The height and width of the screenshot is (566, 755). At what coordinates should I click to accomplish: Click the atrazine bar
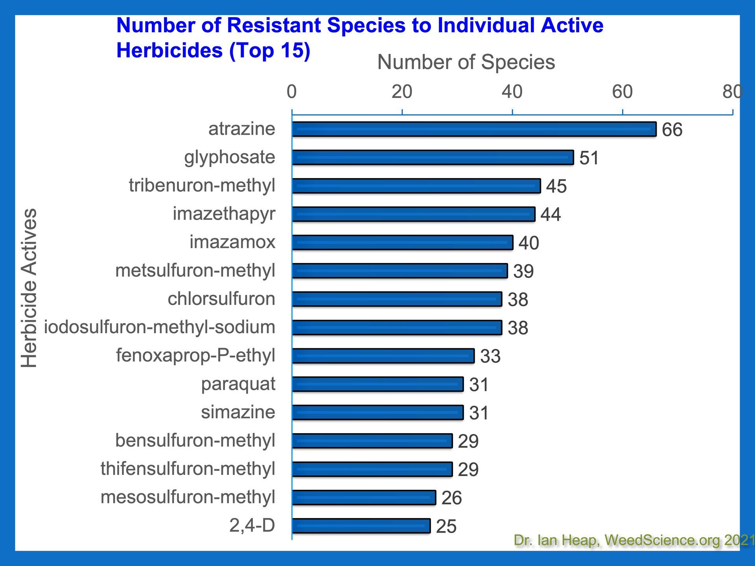(x=474, y=129)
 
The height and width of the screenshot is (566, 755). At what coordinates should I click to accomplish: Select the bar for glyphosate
(x=433, y=158)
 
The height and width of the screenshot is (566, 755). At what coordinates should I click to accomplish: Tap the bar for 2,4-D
(x=361, y=526)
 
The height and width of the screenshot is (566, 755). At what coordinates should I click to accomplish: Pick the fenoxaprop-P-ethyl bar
(x=383, y=356)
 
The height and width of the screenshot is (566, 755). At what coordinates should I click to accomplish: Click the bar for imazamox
(x=402, y=243)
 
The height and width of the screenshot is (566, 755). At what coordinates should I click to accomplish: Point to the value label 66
(x=672, y=130)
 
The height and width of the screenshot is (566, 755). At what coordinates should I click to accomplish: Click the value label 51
(x=589, y=158)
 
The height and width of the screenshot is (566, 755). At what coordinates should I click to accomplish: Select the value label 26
(x=451, y=498)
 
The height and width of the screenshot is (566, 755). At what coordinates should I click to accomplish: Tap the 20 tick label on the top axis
(x=402, y=92)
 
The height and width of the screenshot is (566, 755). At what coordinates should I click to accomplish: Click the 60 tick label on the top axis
(x=622, y=92)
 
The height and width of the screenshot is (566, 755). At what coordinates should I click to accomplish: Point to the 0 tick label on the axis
(x=291, y=92)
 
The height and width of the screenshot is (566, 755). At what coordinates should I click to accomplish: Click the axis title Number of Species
(x=466, y=62)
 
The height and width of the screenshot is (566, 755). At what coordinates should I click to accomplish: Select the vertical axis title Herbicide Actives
(x=29, y=288)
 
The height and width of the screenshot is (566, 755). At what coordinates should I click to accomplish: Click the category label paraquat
(x=238, y=384)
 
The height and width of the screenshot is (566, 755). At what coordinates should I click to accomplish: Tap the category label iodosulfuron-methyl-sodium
(x=159, y=327)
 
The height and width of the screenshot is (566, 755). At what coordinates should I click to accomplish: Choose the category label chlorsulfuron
(x=221, y=299)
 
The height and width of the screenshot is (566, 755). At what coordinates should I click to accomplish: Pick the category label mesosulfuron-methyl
(x=188, y=497)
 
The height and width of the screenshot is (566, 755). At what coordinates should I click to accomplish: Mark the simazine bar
(x=377, y=413)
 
